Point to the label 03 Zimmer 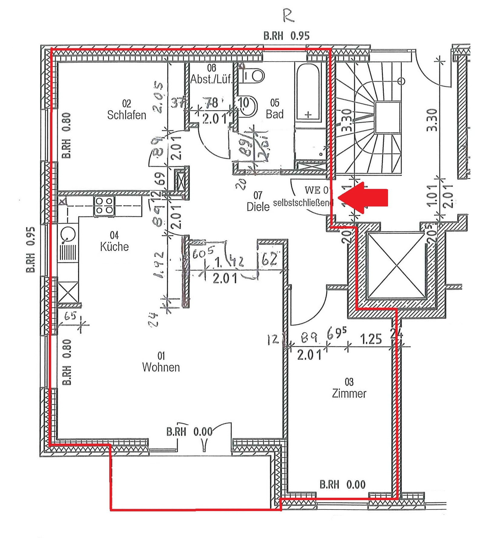(349, 388)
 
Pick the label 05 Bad (275, 109)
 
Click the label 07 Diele (258, 201)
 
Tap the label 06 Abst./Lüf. (211, 74)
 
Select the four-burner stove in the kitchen (104, 206)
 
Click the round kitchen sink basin (68, 234)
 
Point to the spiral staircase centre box (387, 117)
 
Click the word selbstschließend (303, 203)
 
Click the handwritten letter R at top (288, 15)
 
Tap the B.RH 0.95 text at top (286, 36)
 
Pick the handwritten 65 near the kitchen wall (70, 316)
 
